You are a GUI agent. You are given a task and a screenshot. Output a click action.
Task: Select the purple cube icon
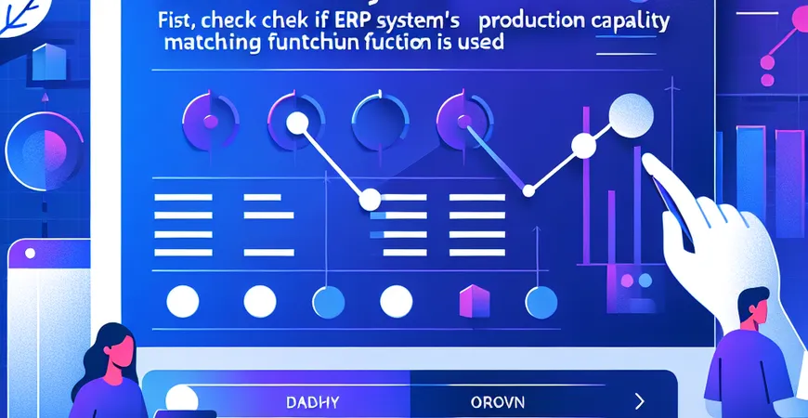(474, 299)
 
